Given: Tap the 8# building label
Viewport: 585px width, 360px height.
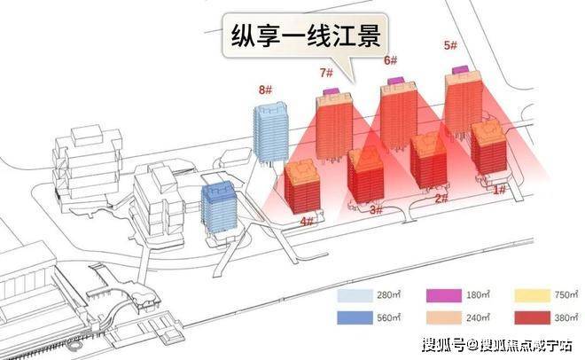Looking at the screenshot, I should click(x=263, y=90).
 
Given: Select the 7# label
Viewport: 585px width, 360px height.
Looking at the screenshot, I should click(x=327, y=73).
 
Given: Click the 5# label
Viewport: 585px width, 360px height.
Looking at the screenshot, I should click(x=450, y=45).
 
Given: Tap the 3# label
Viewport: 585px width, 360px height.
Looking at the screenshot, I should click(x=376, y=210).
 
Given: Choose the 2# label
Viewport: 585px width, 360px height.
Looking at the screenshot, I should click(x=441, y=200).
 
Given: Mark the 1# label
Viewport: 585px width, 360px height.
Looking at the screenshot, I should click(x=499, y=189).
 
